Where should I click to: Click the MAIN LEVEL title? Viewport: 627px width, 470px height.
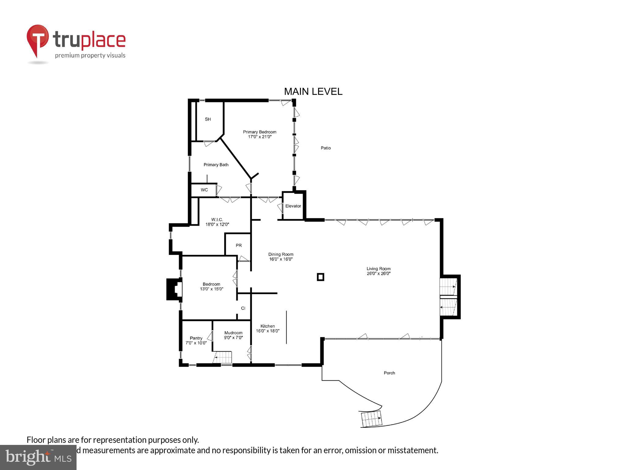[x=313, y=91]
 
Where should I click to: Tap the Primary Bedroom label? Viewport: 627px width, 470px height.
[x=260, y=132]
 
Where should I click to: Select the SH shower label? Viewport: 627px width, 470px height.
[x=208, y=119]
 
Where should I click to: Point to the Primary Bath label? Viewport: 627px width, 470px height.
[x=216, y=165]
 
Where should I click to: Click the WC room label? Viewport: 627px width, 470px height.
[x=204, y=190]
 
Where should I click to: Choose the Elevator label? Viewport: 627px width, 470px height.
[x=293, y=206]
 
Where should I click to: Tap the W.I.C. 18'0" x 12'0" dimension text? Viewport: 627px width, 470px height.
[x=217, y=225]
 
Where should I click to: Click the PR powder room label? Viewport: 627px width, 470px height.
[x=239, y=245]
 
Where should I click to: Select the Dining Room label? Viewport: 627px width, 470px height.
[x=281, y=254]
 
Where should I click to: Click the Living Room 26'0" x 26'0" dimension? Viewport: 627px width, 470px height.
[x=379, y=274]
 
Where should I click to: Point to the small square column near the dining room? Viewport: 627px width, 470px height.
[x=321, y=277]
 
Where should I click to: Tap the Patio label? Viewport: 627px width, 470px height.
[x=326, y=148]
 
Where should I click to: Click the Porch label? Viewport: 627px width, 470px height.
[x=389, y=373]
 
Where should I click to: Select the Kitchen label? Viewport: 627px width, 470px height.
[x=268, y=326]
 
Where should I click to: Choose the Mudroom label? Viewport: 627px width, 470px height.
[x=233, y=333]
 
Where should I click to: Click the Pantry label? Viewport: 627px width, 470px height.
[x=196, y=338]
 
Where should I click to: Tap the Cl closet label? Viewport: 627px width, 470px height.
[x=243, y=308]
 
